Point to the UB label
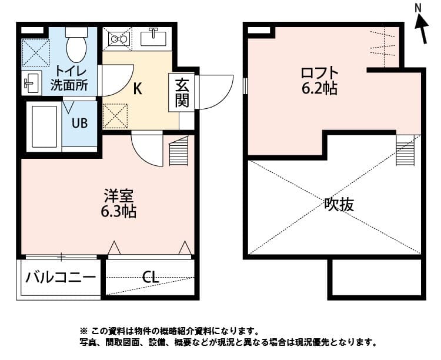[x=79, y=124]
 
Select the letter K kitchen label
[x=138, y=89]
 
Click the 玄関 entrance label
[x=182, y=92]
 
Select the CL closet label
[x=151, y=276]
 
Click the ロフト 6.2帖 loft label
[x=319, y=81]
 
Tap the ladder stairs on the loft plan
[x=406, y=151]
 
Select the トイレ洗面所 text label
[x=69, y=77]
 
